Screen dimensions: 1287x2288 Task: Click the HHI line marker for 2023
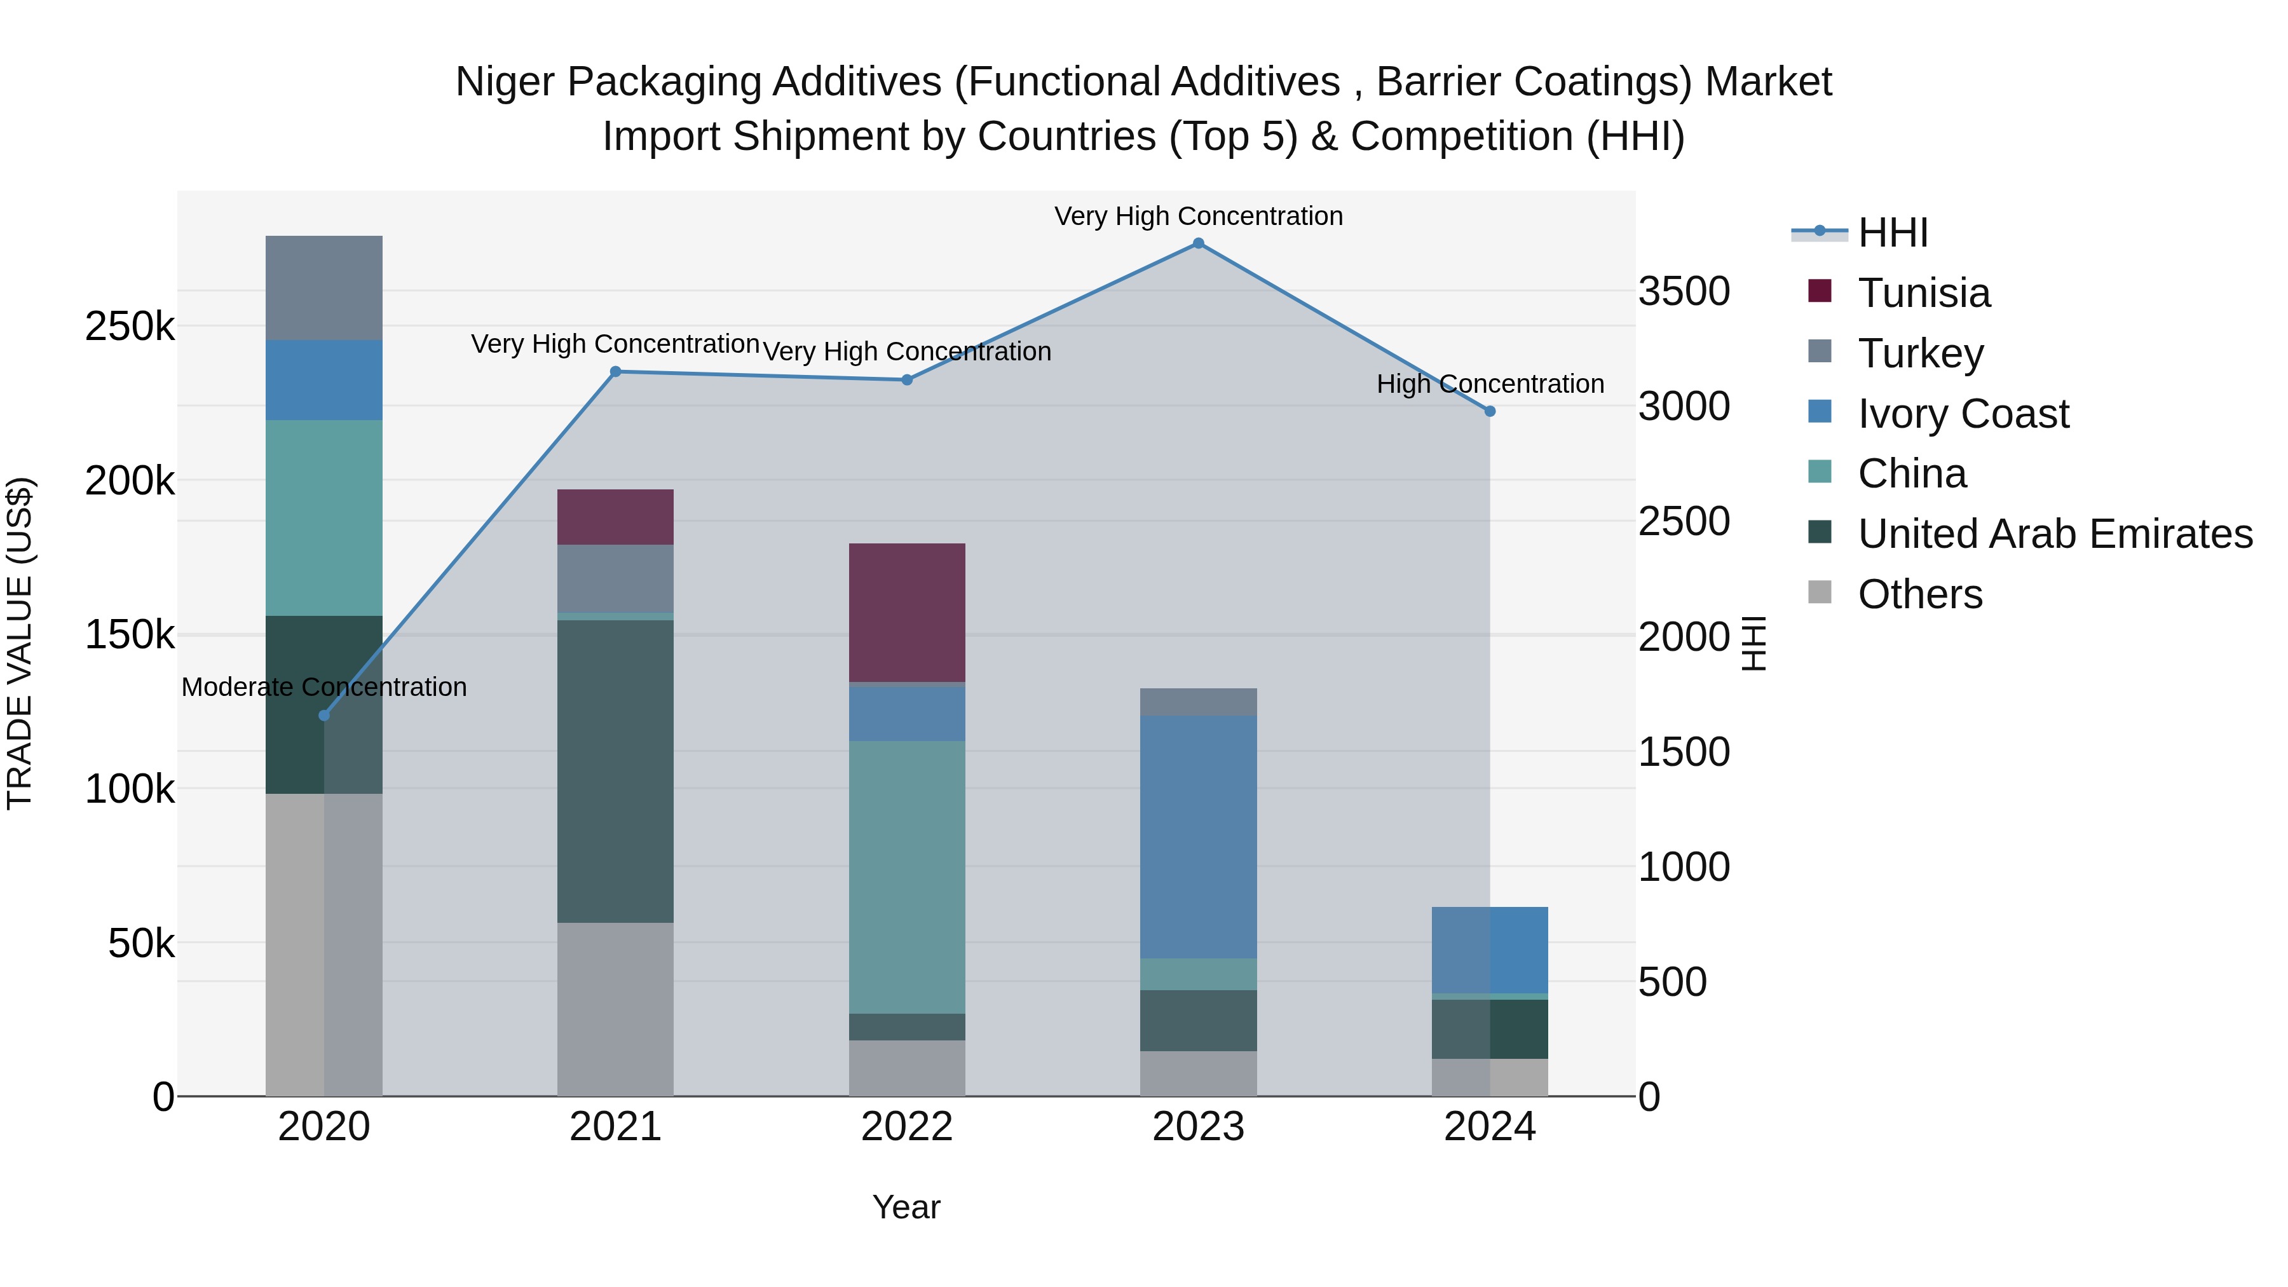point(1198,243)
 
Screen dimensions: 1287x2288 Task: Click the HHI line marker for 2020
point(324,715)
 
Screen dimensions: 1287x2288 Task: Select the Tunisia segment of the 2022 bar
point(907,612)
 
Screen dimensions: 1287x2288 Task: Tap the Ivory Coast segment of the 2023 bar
point(1198,836)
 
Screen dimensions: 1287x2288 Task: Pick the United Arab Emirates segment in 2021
point(615,771)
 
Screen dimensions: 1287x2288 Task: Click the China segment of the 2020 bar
point(324,518)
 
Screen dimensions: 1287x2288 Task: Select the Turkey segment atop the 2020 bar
point(324,288)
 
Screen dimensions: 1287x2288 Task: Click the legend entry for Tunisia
point(1923,293)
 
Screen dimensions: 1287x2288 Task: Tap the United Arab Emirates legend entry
point(2053,534)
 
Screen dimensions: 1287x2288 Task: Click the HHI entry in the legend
point(1892,233)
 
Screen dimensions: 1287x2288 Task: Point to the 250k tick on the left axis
point(130,327)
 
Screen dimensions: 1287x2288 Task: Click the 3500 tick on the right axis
point(1683,291)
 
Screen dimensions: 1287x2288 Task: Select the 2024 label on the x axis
point(1490,1127)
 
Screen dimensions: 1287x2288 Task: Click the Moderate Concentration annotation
point(324,686)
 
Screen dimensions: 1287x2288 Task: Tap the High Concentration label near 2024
point(1490,384)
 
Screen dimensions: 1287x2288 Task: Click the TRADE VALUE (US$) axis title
point(20,643)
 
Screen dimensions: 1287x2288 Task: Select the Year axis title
point(906,1207)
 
